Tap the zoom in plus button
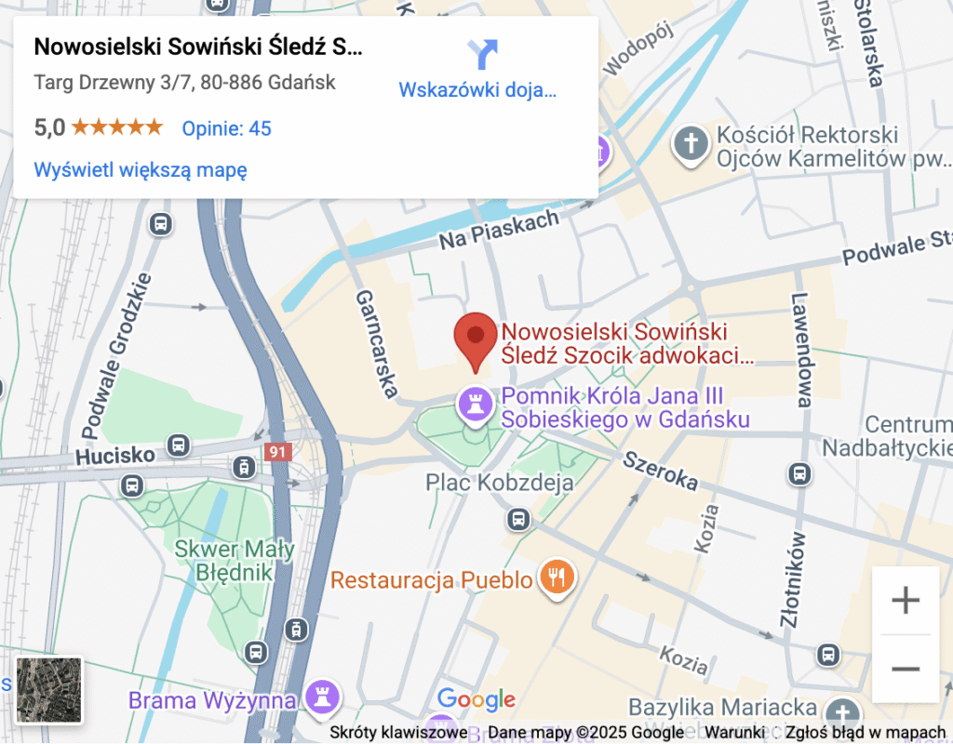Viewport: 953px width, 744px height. coord(905,601)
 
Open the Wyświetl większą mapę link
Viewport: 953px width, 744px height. coord(141,170)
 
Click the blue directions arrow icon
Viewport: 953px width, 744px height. coord(482,55)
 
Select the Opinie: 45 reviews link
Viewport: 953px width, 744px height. coord(226,128)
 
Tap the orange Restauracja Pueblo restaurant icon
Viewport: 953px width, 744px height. coord(557,579)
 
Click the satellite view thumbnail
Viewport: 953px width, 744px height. coord(49,690)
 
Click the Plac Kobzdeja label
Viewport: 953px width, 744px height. coord(500,483)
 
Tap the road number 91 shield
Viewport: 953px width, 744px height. coord(276,452)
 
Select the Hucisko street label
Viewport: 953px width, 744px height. coord(115,457)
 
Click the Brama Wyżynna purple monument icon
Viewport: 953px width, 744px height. coord(324,696)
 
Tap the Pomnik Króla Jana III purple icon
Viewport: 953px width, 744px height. coord(476,406)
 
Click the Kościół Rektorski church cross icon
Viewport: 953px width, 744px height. coord(690,145)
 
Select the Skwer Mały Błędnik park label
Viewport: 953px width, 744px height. coord(235,560)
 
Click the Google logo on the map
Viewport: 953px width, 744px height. coord(476,699)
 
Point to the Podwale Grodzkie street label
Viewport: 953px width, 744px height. coord(115,356)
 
